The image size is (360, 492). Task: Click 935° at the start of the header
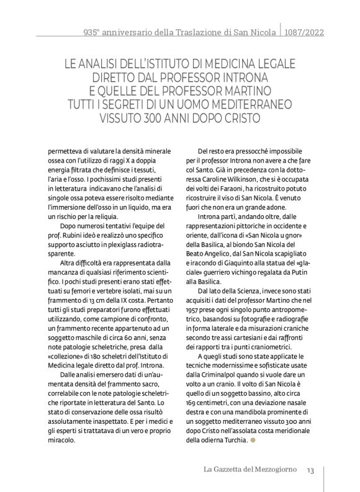tap(91, 31)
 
